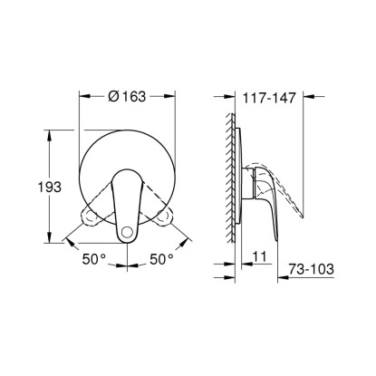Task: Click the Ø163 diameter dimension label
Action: (x=127, y=96)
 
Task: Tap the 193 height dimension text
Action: (x=49, y=187)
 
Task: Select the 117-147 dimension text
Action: (x=269, y=98)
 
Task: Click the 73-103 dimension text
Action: (x=311, y=269)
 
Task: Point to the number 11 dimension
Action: (x=259, y=256)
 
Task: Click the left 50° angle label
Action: (x=94, y=259)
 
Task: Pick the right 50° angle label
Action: (x=161, y=259)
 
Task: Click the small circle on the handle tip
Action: (x=127, y=233)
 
